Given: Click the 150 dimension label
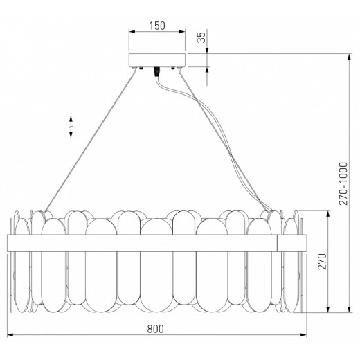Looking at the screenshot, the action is click(x=157, y=26).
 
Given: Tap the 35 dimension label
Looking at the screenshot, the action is click(x=201, y=37).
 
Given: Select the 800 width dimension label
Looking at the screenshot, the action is click(x=156, y=329).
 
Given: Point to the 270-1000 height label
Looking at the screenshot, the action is click(x=343, y=183).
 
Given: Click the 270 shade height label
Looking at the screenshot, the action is click(x=323, y=261).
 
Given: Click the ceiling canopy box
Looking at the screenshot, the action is click(x=157, y=60).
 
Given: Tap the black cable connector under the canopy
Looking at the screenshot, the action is click(x=157, y=71).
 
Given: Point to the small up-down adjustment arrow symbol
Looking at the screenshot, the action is click(x=71, y=127).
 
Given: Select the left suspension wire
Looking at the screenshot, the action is click(x=89, y=139).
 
